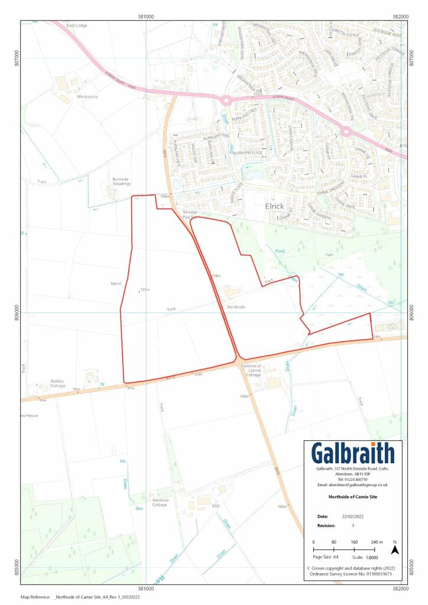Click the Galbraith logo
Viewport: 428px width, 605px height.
click(x=353, y=454)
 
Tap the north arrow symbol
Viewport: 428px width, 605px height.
click(x=395, y=549)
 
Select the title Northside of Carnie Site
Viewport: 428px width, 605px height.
click(x=353, y=497)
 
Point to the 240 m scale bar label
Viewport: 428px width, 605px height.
click(x=377, y=542)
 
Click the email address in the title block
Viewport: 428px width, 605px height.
click(x=353, y=484)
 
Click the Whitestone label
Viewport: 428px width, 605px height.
click(x=87, y=96)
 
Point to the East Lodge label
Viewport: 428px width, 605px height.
click(x=77, y=25)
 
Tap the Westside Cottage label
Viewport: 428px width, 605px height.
click(x=160, y=502)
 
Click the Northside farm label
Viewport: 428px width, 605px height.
click(x=235, y=307)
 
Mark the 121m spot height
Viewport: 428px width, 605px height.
click(x=144, y=290)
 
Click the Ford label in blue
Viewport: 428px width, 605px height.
click(x=281, y=252)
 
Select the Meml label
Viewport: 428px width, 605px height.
click(x=116, y=284)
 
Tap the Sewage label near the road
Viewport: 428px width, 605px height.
click(x=189, y=212)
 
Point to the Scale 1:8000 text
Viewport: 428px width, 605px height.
click(x=375, y=557)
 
